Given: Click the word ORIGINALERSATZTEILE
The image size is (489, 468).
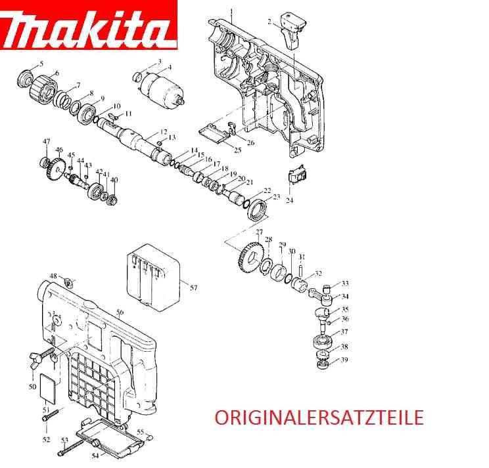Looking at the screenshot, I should click(318, 417).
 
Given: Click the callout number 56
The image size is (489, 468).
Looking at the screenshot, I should click(120, 312).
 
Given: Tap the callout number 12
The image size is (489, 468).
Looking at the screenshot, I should click(164, 131).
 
